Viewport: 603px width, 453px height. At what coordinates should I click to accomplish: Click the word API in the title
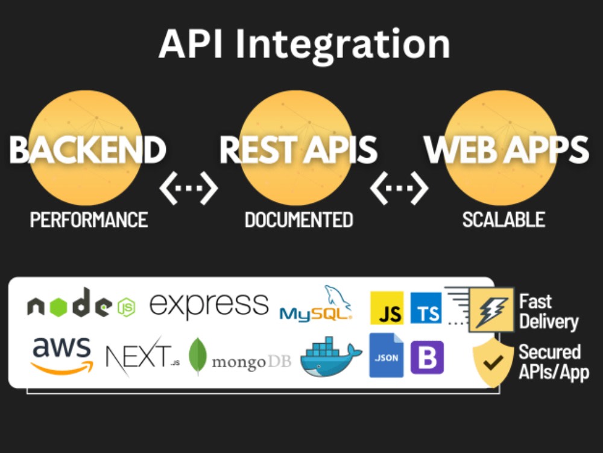pos(191,43)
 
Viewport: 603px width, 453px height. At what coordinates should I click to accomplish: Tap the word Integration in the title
pos(343,47)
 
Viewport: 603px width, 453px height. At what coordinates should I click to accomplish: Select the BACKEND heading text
pos(87,149)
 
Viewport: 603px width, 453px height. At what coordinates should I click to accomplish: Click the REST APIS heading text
pos(298,149)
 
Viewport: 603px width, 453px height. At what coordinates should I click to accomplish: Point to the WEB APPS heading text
pos(506,149)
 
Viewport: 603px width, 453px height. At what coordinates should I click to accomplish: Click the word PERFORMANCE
pos(89,220)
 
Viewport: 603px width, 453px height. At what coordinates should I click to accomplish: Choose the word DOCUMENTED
pos(299,220)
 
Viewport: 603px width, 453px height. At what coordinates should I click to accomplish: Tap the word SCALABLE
pos(504,220)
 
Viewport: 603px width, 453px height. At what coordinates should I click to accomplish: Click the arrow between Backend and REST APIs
pos(189,188)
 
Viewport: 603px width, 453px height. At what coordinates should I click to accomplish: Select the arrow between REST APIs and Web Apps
pos(399,188)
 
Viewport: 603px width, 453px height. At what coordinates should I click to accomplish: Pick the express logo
pos(209,305)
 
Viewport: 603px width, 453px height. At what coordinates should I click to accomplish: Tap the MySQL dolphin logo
pos(316,304)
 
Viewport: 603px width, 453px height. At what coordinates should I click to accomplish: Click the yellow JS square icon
pos(387,308)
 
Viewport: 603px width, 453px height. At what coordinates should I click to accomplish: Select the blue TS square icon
pos(426,308)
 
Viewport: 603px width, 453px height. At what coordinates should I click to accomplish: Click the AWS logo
pos(62,356)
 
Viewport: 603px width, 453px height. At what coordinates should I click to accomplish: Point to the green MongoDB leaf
pos(198,356)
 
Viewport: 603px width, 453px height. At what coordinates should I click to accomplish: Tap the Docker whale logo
pos(330,356)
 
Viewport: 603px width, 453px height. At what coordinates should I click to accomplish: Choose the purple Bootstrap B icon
pos(428,358)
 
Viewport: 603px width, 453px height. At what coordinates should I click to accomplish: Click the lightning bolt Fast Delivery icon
pos(491,310)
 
